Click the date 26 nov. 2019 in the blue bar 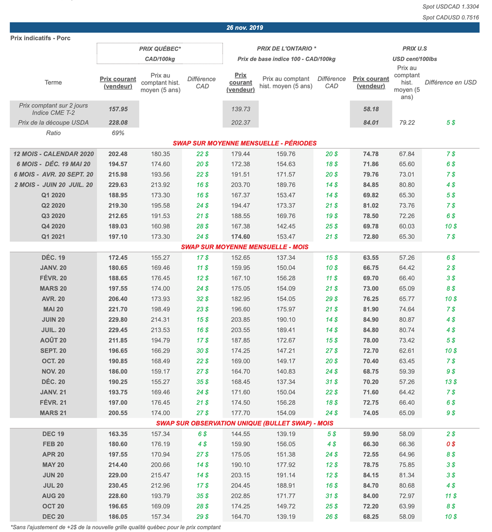click(x=245, y=27)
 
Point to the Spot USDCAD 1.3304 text click(x=451, y=6)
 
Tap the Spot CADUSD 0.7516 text click(x=451, y=17)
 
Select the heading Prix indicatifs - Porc click(x=40, y=38)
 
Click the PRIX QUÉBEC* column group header click(x=160, y=49)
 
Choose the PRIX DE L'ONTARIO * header click(x=286, y=49)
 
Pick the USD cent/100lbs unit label click(x=415, y=59)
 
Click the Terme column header click(x=53, y=82)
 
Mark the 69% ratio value click(x=118, y=133)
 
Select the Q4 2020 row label click(x=53, y=226)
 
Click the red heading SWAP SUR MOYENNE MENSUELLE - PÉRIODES click(x=245, y=143)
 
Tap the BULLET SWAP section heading click(x=245, y=423)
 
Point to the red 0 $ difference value click(x=451, y=444)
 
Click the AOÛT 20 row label click(x=53, y=340)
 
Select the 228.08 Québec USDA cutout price click(x=118, y=123)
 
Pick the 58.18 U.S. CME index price click(x=371, y=109)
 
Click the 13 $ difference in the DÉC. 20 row click(x=451, y=382)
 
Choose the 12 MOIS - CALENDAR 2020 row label click(x=53, y=154)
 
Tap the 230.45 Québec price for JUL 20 click(x=118, y=485)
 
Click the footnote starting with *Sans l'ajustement click(x=115, y=527)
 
